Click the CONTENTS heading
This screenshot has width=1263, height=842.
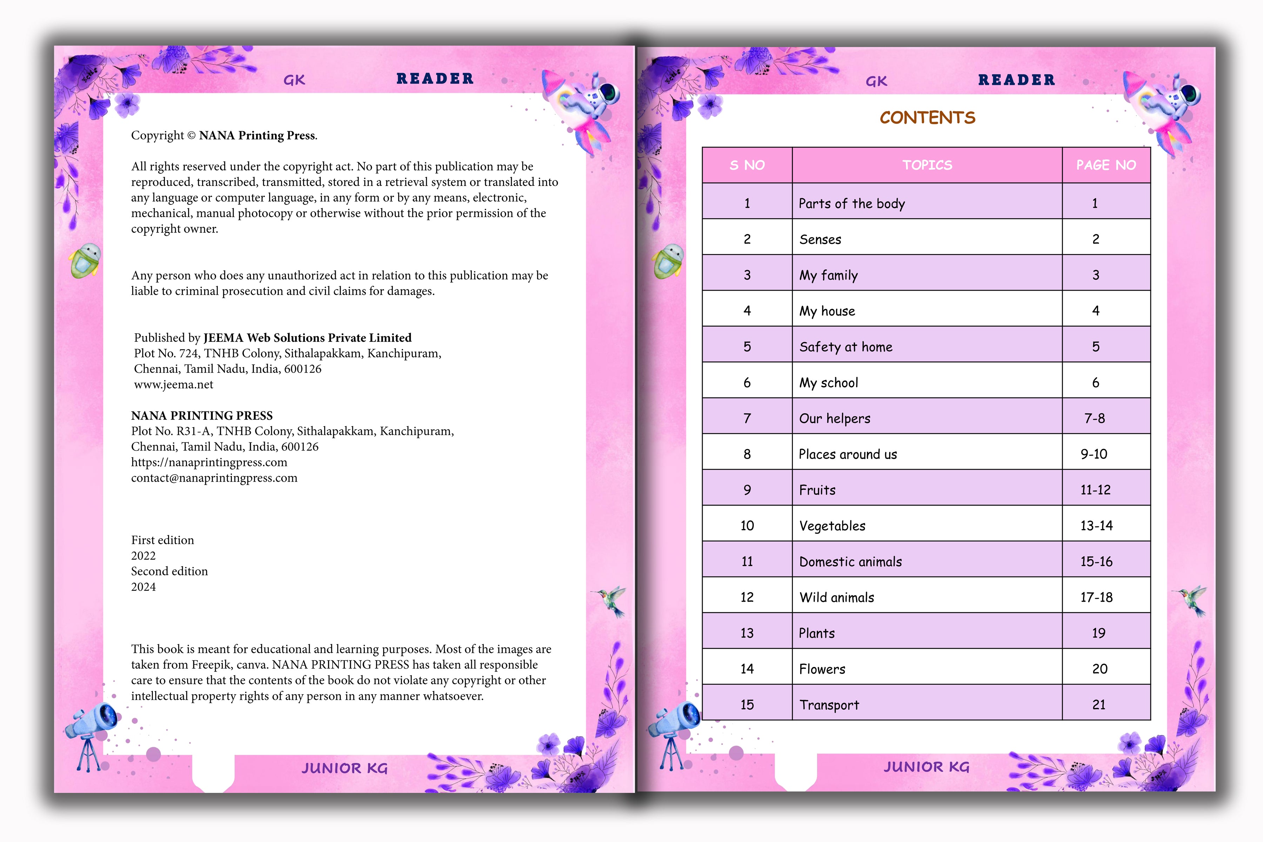(x=927, y=118)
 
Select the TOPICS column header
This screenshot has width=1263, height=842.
(x=927, y=165)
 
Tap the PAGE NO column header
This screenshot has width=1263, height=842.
(x=1106, y=165)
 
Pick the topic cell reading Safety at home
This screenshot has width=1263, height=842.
(x=846, y=347)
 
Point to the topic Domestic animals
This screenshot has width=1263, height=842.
(x=850, y=562)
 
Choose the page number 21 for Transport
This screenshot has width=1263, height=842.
(x=1099, y=704)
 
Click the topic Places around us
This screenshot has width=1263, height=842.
(x=848, y=454)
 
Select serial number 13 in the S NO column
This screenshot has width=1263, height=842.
(x=747, y=633)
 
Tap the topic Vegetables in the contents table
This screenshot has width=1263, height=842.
(x=832, y=526)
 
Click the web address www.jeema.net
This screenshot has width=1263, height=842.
(x=173, y=385)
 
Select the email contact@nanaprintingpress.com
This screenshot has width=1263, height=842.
(x=214, y=478)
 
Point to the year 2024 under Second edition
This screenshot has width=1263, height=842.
(x=143, y=587)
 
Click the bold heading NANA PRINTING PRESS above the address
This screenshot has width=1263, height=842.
(x=202, y=416)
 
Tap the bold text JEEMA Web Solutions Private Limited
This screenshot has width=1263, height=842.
(x=307, y=338)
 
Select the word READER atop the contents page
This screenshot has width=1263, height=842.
(x=1016, y=80)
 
